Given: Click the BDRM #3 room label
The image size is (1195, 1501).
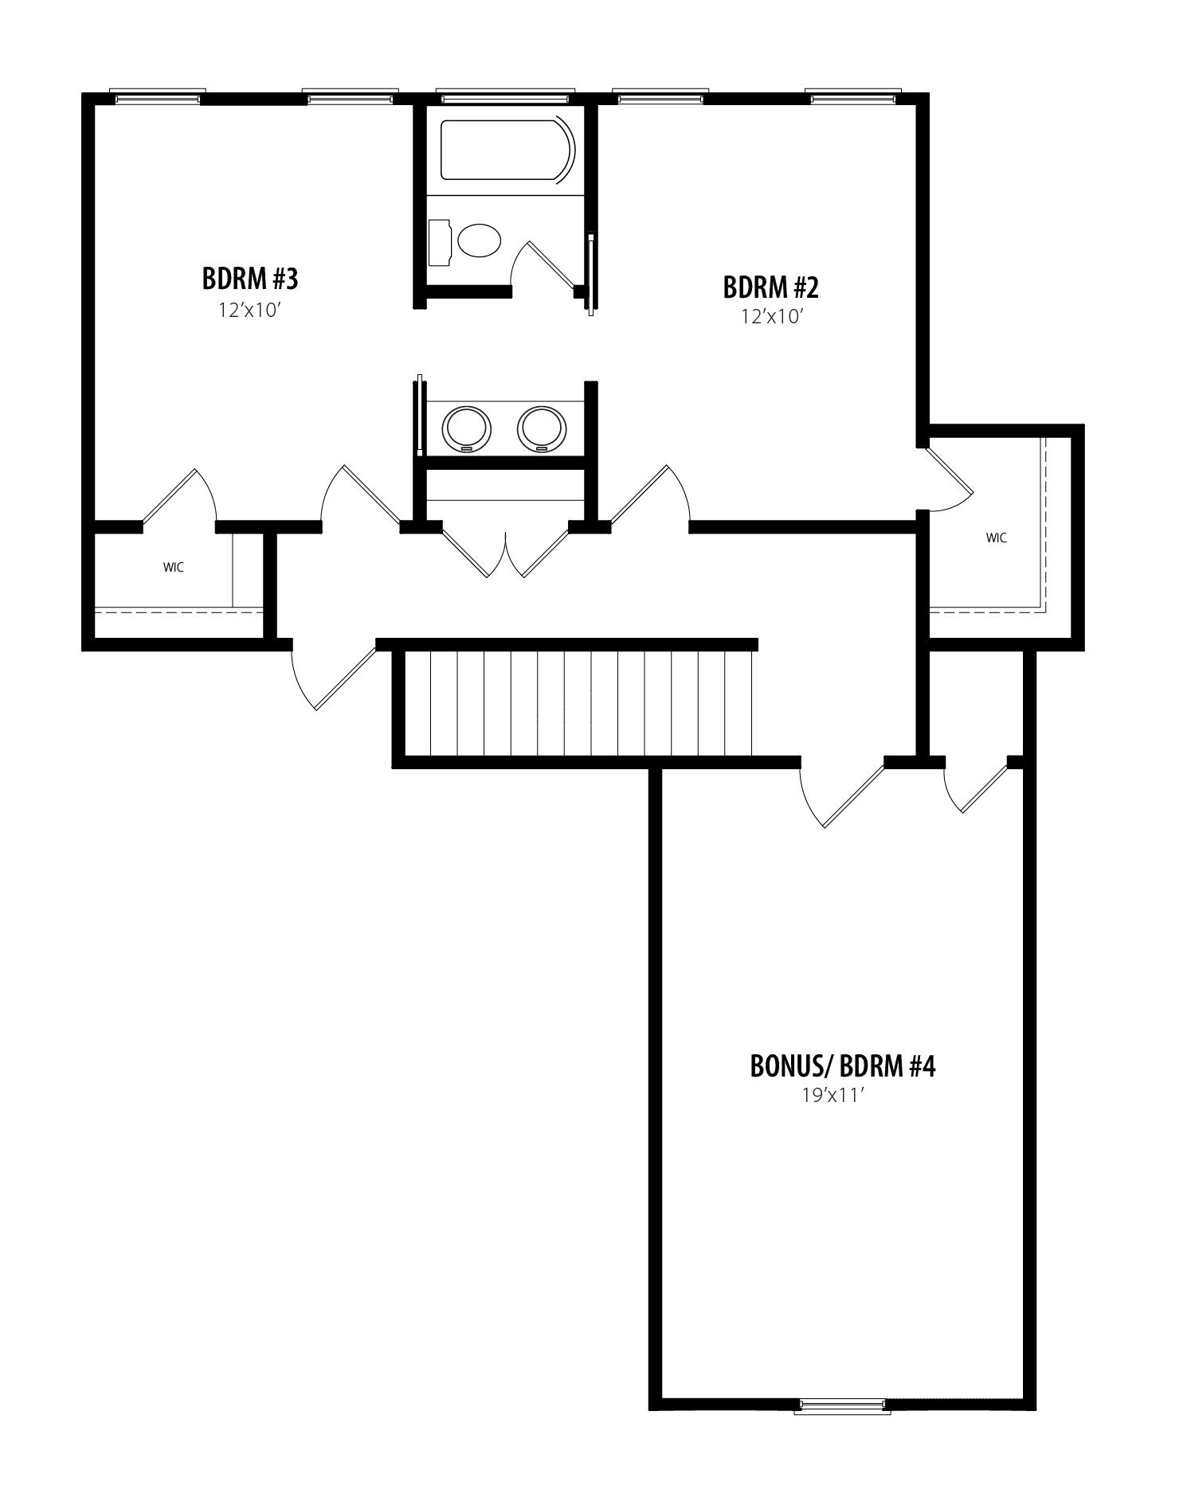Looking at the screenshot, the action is point(250,279).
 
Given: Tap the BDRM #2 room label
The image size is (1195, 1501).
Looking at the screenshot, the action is point(770,287).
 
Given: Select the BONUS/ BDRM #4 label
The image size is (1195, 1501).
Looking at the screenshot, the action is point(843,1066).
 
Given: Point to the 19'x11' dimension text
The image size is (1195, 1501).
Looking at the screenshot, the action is point(833,1096).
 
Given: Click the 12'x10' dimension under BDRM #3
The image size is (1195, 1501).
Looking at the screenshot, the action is point(251,310).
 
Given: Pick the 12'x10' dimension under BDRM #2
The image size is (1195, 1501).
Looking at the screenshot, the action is point(770,317).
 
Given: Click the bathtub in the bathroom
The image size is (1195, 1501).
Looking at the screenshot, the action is point(507,150).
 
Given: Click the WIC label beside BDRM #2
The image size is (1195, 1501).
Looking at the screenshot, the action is point(996,537).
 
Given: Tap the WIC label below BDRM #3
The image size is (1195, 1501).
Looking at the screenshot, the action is point(174,567).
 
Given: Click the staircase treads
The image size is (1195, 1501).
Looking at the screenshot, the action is point(578,703).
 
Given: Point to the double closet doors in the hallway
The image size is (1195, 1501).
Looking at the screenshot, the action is point(506,552).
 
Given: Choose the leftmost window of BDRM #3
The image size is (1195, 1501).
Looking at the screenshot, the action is point(157,96).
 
